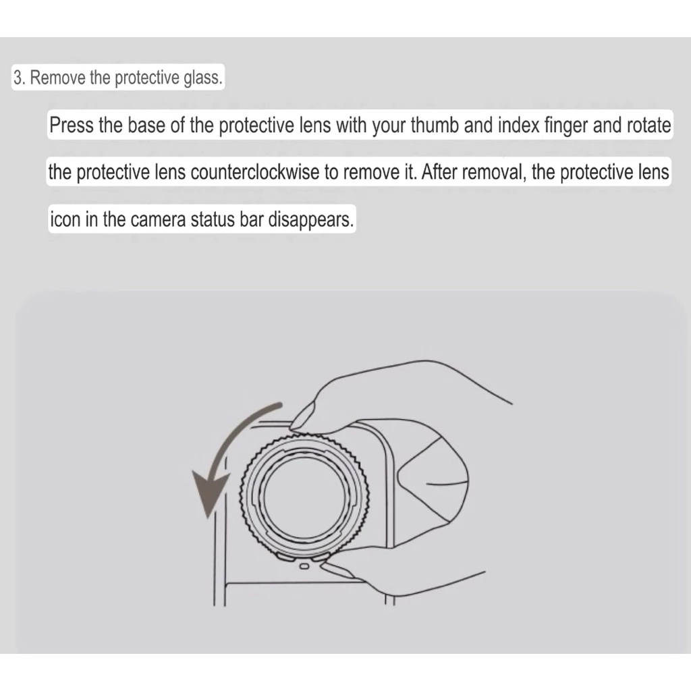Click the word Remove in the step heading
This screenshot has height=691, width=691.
[58, 78]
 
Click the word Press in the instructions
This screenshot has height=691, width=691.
[72, 125]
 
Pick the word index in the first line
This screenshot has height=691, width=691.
[519, 125]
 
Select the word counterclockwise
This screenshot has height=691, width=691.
[254, 172]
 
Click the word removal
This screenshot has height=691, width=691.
[494, 172]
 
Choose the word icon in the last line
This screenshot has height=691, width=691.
[65, 219]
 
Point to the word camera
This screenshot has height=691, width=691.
[158, 219]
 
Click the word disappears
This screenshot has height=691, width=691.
[310, 219]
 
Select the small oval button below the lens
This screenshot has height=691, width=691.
[304, 566]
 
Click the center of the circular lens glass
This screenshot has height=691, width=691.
[304, 495]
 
